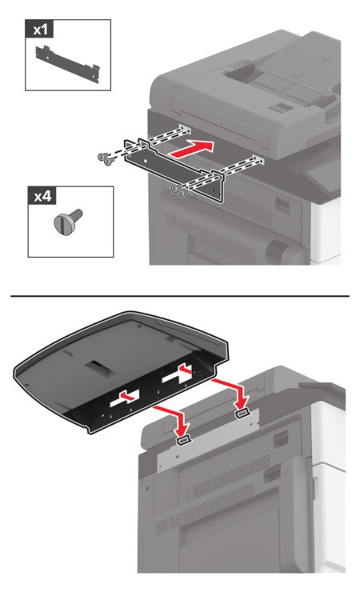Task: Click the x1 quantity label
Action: (40, 29)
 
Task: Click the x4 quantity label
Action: (42, 196)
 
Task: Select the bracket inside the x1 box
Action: (68, 64)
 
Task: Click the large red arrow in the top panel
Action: (192, 149)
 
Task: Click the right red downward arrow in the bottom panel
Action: (230, 393)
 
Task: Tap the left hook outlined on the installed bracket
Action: (184, 441)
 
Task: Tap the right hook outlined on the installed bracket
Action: (242, 414)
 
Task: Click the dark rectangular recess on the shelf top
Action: (98, 366)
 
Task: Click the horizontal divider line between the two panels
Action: (180, 296)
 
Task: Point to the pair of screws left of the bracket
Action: (104, 159)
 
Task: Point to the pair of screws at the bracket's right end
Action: (178, 190)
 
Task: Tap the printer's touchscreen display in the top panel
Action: (325, 177)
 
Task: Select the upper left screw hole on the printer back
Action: (184, 128)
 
